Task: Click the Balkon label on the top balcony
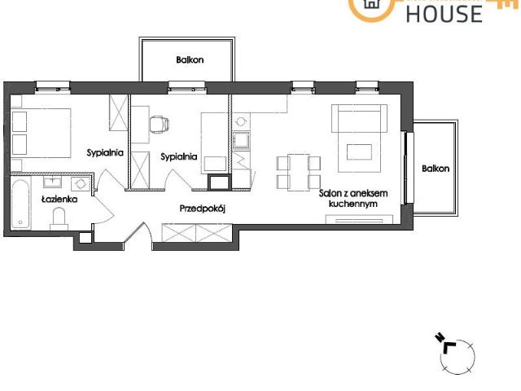pos(189,59)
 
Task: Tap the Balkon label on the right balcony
pos(436,169)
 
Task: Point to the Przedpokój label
pos(201,209)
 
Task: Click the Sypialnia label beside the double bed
pos(105,152)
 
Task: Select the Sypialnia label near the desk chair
pos(178,156)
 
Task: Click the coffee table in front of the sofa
pos(358,152)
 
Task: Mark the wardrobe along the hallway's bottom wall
pos(194,234)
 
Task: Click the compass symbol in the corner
pos(457,353)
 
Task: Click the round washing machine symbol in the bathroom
pos(79,184)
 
